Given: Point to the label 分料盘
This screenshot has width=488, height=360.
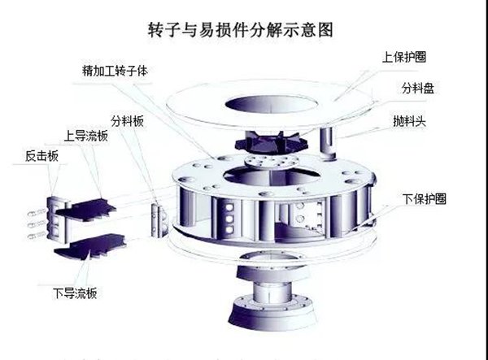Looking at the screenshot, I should tap(416, 89).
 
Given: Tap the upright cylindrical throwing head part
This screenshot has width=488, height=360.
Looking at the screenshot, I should tap(329, 143).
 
